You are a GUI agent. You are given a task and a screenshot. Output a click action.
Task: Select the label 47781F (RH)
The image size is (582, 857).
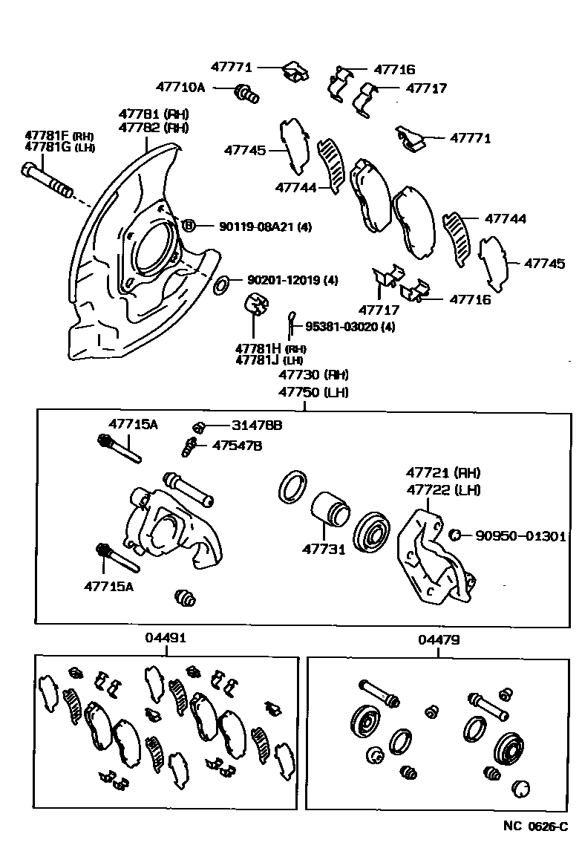click(57, 135)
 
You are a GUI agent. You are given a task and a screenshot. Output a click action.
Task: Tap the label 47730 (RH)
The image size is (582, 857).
click(313, 375)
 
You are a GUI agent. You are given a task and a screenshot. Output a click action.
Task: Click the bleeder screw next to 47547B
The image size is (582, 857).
click(189, 448)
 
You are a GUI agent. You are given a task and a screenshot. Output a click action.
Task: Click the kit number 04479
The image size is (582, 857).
click(438, 638)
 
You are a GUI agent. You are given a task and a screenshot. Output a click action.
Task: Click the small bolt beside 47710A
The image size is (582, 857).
click(246, 94)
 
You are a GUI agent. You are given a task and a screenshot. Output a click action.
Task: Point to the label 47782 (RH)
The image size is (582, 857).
click(154, 127)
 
